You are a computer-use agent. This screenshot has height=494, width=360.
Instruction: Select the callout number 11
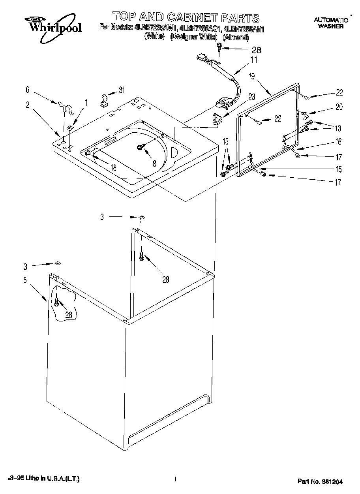253,60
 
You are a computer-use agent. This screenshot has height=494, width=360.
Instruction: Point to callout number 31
122,90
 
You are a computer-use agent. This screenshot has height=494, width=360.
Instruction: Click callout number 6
27,90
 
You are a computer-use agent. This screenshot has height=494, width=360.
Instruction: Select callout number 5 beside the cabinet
25,281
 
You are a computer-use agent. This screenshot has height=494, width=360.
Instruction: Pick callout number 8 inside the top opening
154,163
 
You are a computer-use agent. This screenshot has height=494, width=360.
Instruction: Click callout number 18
113,167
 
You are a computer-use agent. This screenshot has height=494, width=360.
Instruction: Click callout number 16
338,142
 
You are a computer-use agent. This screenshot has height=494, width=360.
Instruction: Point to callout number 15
338,169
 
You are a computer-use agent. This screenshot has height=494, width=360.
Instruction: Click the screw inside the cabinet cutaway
58,302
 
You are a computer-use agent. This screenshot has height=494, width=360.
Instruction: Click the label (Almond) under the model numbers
236,38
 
